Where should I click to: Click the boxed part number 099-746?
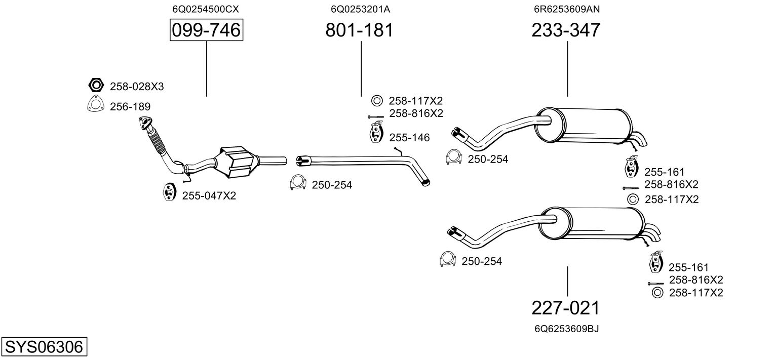206,30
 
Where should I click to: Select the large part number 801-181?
359,30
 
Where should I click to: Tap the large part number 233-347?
566,30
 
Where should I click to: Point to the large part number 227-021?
566,307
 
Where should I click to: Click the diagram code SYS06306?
44,347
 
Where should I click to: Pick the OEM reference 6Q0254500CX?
206,9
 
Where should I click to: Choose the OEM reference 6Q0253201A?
360,9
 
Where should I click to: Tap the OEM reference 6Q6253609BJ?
566,329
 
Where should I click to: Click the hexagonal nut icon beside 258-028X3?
95,86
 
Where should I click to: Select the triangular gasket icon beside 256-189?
95,105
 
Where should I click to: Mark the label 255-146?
409,137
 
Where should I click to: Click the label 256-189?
130,106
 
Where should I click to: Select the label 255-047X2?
209,195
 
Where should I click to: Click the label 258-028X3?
137,87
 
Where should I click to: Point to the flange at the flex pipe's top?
146,124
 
